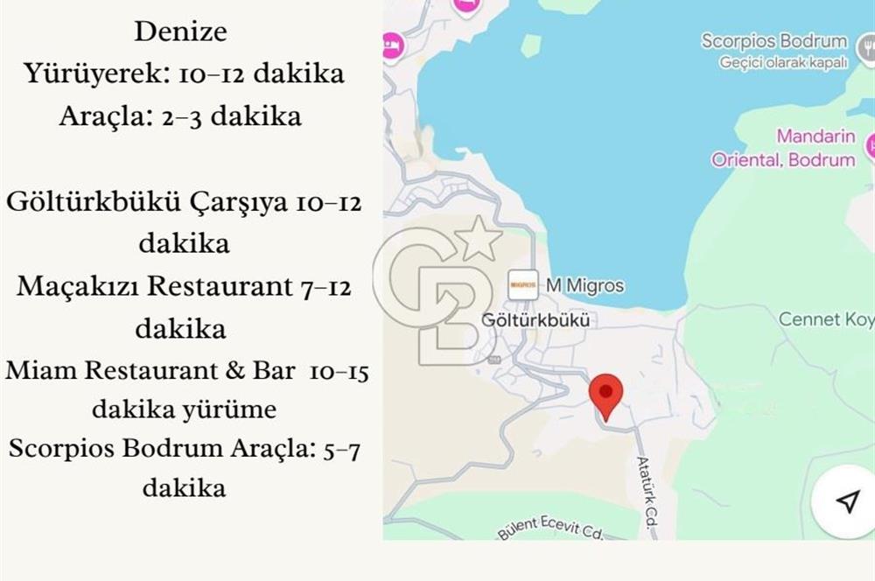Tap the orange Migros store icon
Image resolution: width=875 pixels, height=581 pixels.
(522, 284)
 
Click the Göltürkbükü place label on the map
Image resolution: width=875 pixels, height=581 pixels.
(535, 320)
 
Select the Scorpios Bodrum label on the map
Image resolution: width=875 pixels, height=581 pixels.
(773, 41)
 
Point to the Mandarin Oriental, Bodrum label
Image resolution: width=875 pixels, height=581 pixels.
(783, 149)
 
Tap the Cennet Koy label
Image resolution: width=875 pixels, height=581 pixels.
(825, 319)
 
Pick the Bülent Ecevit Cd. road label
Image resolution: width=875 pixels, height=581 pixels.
(551, 528)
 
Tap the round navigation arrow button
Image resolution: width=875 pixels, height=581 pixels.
(845, 501)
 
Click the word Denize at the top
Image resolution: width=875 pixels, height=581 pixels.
(180, 32)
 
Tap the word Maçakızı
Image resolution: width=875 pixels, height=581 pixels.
(79, 286)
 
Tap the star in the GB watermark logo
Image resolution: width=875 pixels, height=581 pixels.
(479, 238)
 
